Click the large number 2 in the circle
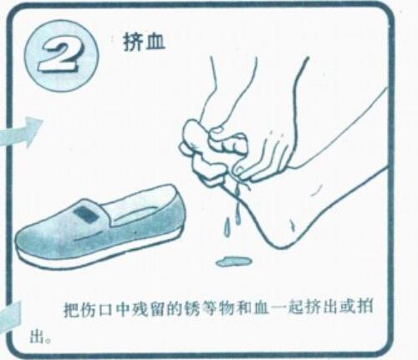pos(60,56)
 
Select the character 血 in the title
pos(155,43)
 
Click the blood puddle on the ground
pos(233,261)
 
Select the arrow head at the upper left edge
pos(34,130)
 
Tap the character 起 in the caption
pos(294,310)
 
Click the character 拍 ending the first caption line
pos(364,310)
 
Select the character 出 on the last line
pos(38,337)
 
